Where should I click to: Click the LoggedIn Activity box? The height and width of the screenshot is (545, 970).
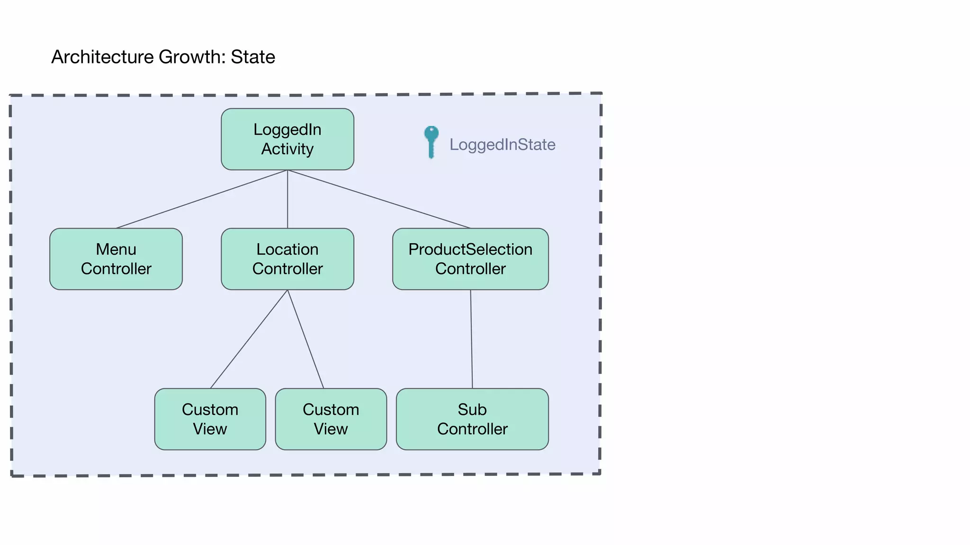[287, 139]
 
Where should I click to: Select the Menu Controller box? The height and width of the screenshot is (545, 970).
[116, 259]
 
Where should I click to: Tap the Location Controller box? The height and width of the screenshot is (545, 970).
[287, 259]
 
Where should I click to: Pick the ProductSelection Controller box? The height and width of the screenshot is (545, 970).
[470, 259]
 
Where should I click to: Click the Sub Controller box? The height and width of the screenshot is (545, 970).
[472, 419]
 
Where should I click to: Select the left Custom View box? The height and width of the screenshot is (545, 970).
[210, 419]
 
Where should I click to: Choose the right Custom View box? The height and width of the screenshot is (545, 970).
[331, 419]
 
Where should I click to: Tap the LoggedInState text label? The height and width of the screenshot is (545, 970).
[502, 144]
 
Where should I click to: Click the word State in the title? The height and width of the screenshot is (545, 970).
[252, 57]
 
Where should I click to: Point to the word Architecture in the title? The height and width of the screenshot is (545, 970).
[102, 57]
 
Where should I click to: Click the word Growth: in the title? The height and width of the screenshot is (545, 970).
[192, 57]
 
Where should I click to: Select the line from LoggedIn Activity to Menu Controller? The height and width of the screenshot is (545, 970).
[201, 199]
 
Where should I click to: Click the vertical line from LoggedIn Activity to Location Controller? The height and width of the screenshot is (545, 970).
[287, 199]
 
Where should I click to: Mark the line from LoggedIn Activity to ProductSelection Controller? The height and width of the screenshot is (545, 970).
[379, 199]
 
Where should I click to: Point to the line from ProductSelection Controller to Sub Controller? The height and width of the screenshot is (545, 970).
[471, 339]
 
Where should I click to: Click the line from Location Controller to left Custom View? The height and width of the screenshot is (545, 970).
[249, 339]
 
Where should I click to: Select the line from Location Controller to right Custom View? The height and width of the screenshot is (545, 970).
[305, 339]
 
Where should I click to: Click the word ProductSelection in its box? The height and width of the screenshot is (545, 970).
[470, 249]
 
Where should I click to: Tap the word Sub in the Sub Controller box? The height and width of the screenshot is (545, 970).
[472, 409]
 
